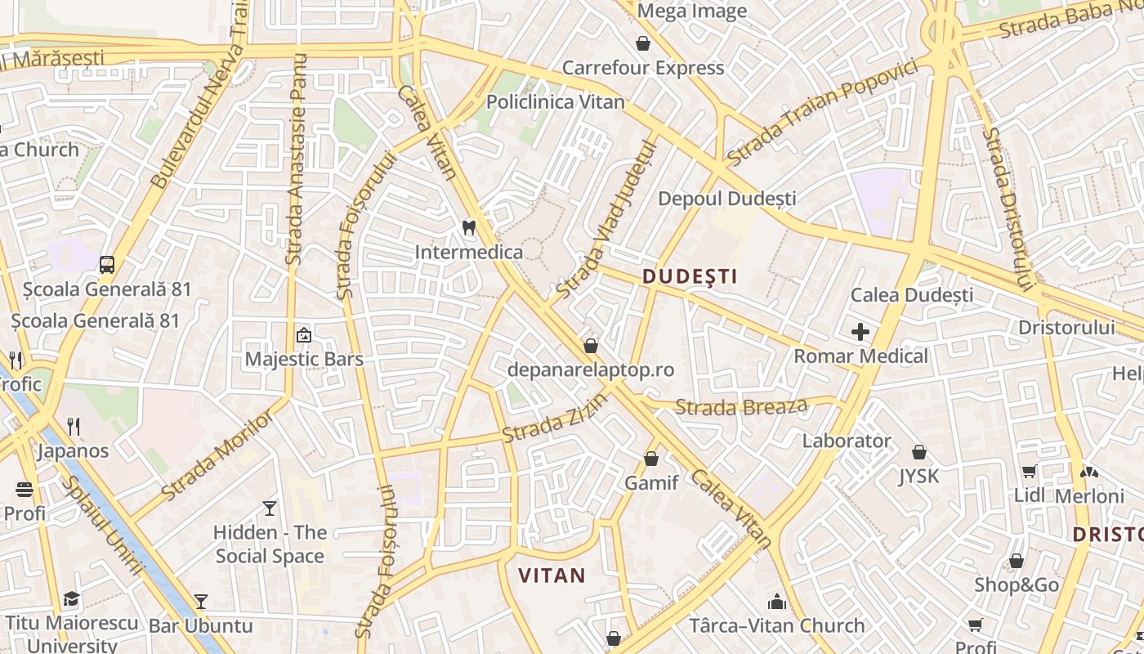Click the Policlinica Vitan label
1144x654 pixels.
(555, 102)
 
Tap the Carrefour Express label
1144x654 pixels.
(643, 68)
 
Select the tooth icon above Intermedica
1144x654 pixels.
(469, 227)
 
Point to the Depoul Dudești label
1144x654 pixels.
(726, 199)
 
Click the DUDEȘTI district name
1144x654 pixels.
(690, 276)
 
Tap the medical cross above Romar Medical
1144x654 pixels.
(860, 332)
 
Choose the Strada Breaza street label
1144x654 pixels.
(741, 406)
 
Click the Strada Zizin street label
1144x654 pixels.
(555, 418)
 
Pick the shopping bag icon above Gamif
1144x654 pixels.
(651, 459)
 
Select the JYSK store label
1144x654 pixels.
(918, 476)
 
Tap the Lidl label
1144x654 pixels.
(1029, 495)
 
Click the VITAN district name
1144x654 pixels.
(552, 576)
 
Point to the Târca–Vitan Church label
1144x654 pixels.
(776, 626)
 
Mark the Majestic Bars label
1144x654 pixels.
(304, 359)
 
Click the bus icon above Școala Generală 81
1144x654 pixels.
(107, 264)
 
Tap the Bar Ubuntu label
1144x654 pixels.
(201, 626)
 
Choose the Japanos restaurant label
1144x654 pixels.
(73, 451)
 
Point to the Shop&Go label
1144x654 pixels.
(1017, 585)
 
